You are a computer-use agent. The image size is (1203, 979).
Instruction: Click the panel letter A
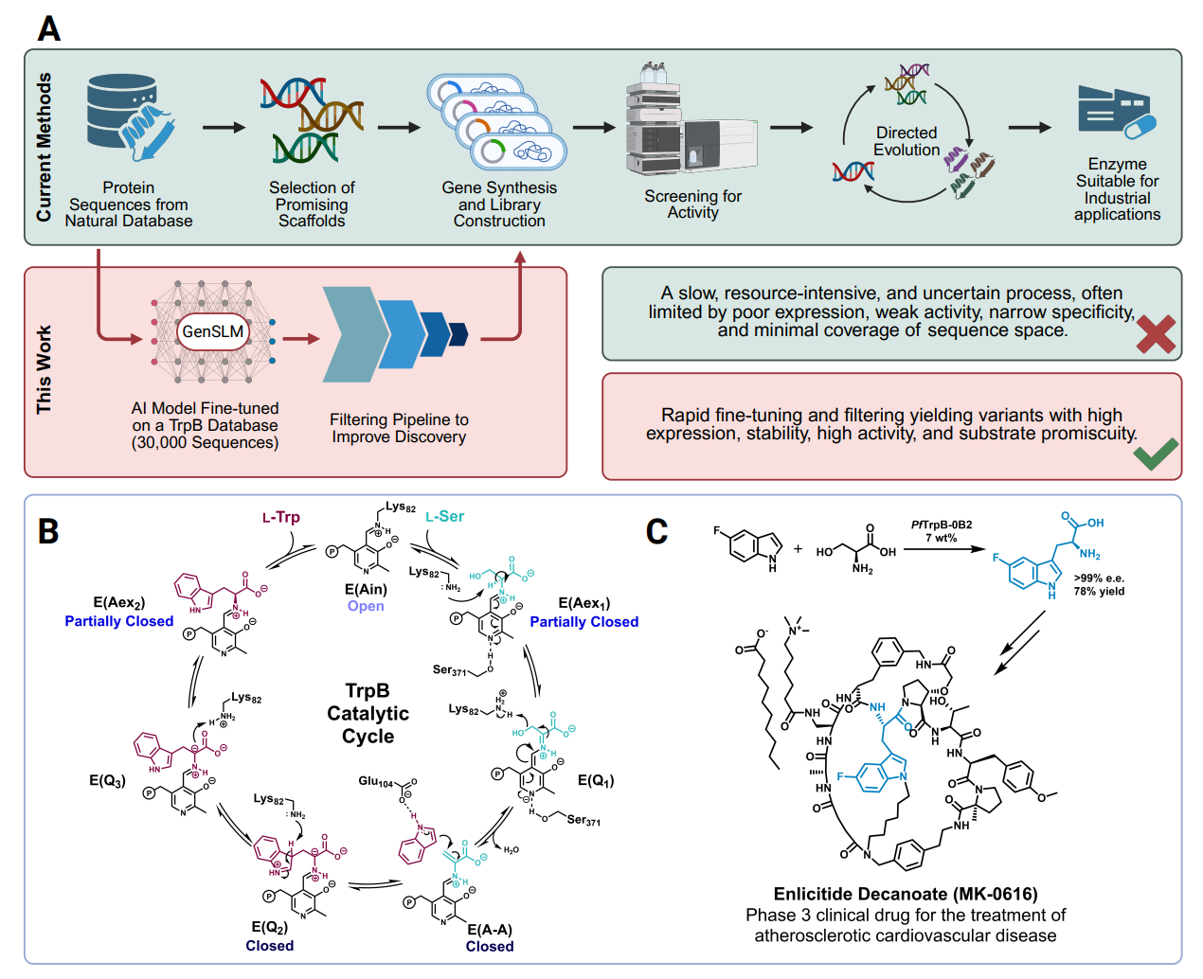click(x=48, y=28)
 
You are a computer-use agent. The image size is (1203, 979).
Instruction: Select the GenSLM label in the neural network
click(x=213, y=331)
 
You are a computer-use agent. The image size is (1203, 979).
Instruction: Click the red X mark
click(x=1156, y=334)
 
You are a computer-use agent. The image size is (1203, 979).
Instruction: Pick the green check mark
click(x=1156, y=454)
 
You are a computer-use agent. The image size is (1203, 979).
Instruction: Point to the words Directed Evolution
click(x=907, y=141)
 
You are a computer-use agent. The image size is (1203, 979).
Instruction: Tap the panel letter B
click(x=48, y=532)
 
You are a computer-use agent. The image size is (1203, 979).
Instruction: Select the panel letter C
click(x=656, y=532)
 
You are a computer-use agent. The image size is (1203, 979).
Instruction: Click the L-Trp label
click(x=281, y=517)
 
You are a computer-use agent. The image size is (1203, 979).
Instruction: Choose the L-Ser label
click(x=445, y=516)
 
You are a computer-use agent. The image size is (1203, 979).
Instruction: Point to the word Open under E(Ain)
click(x=366, y=606)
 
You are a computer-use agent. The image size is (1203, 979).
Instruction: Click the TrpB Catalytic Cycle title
click(x=368, y=713)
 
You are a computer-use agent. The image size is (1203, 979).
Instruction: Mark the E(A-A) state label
click(x=490, y=930)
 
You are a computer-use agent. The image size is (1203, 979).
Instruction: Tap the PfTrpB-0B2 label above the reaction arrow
click(x=941, y=525)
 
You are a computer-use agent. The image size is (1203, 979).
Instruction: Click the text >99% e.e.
click(x=1099, y=578)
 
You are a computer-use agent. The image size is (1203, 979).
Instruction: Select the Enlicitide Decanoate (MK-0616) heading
click(x=905, y=894)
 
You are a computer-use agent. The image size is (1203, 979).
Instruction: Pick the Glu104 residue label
click(x=376, y=781)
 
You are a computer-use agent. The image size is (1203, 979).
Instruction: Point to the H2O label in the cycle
click(x=511, y=849)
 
